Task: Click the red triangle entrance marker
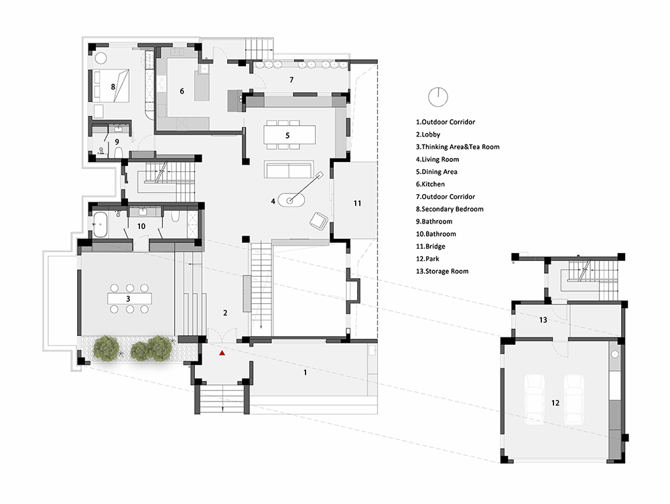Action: point(222,353)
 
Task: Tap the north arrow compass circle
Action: point(438,97)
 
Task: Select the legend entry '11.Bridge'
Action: point(431,246)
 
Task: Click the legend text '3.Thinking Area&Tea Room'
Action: point(458,147)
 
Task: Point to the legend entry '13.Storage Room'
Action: point(442,271)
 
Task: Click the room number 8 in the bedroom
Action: point(113,86)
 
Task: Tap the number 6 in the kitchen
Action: point(182,91)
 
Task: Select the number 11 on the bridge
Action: point(357,203)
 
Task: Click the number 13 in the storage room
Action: point(543,320)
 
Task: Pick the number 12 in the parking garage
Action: point(555,402)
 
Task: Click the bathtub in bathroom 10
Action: point(100,224)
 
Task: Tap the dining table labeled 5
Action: point(289,135)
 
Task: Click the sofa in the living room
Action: point(289,170)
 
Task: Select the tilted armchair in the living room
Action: point(319,221)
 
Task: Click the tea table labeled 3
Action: point(129,299)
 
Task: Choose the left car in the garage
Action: point(535,400)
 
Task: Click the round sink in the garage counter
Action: point(615,354)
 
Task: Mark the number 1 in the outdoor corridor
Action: point(305,373)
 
